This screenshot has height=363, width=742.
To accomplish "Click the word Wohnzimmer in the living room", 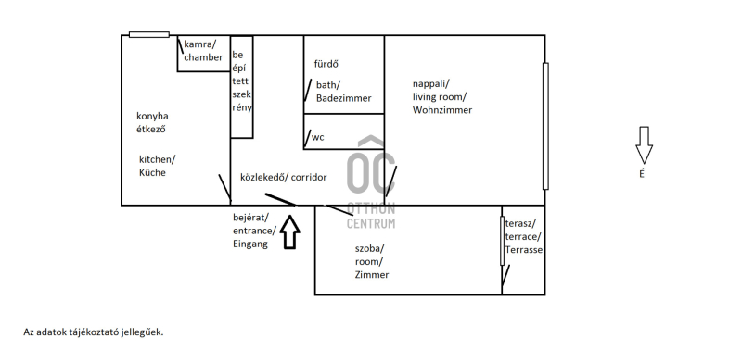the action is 442,110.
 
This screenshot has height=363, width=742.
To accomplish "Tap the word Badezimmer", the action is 343,98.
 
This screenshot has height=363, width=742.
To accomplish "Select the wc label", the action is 317,138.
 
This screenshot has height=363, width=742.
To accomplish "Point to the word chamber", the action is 203,57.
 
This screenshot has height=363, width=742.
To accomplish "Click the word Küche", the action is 152,172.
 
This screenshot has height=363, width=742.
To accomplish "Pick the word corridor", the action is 309,178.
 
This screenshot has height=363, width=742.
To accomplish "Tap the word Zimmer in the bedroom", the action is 372,275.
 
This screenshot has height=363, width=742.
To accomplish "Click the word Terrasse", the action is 523,250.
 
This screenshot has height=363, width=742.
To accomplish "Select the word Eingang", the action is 250,244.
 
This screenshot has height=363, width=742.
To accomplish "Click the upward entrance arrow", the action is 289,232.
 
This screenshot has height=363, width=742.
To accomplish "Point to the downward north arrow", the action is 644,145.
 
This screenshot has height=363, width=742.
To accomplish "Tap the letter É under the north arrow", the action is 642,174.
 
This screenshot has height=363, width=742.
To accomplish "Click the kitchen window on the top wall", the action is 149,34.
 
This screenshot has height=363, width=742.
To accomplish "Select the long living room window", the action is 545,126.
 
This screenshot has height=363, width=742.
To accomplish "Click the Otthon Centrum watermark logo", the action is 371,182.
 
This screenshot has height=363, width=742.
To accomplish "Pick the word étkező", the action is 151,129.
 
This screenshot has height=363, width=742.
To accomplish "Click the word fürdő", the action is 326,64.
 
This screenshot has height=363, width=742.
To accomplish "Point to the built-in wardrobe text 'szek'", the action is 241,94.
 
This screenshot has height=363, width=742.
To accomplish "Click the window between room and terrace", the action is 502,241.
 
